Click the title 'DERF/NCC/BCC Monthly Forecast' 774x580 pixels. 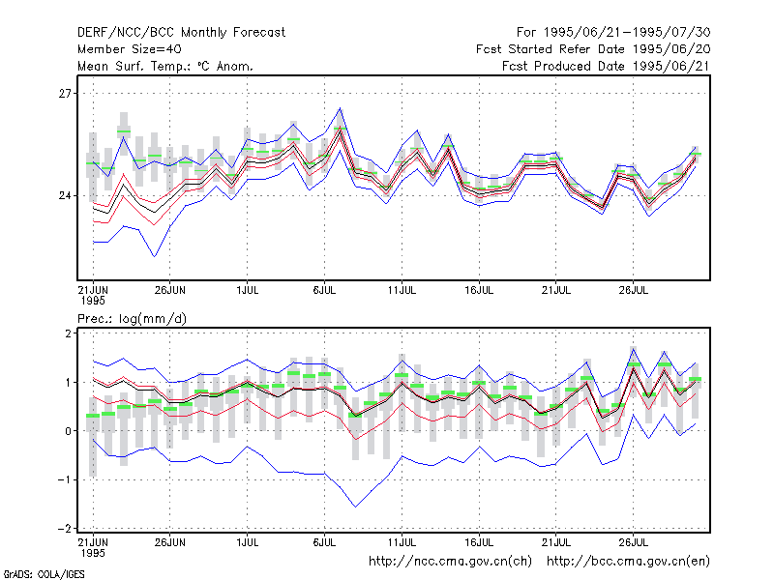tap(181, 33)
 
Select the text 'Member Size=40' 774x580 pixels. tap(130, 49)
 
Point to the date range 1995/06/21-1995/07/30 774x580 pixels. tap(627, 33)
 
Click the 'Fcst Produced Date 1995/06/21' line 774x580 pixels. tap(607, 66)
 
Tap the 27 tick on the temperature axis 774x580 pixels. tap(65, 93)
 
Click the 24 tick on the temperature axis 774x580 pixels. tap(65, 196)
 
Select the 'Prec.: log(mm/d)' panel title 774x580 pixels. tap(132, 319)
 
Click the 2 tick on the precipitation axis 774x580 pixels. tap(68, 333)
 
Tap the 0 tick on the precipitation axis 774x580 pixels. tap(68, 431)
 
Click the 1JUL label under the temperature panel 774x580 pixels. tap(248, 290)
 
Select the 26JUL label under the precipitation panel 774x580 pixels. tap(634, 542)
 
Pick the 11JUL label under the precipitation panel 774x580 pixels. tap(402, 542)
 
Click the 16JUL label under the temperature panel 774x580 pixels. tap(479, 290)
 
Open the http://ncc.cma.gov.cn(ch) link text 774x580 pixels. tap(450, 562)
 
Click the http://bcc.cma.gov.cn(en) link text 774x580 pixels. tap(628, 562)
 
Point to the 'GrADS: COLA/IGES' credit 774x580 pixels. tap(44, 574)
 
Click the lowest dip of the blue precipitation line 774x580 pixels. tap(355, 507)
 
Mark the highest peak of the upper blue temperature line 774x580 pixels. tap(340, 108)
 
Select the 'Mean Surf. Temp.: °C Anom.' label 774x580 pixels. tap(165, 66)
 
